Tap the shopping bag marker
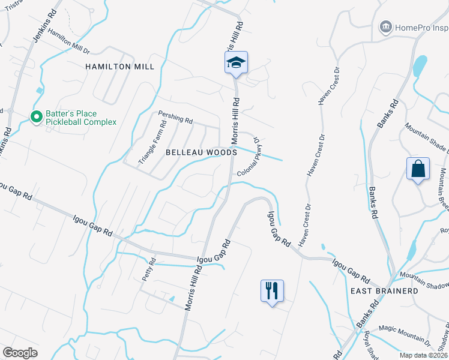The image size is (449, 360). pyautogui.click(x=418, y=169)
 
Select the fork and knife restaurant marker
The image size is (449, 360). pyautogui.click(x=272, y=291)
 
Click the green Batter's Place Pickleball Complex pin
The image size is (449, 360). pyautogui.click(x=36, y=117)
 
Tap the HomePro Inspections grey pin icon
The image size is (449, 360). pyautogui.click(x=385, y=27)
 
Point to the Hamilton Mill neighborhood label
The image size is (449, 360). pyautogui.click(x=116, y=67)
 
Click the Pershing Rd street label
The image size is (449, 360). pyautogui.click(x=175, y=116)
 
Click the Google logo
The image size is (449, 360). pyautogui.click(x=20, y=353)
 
